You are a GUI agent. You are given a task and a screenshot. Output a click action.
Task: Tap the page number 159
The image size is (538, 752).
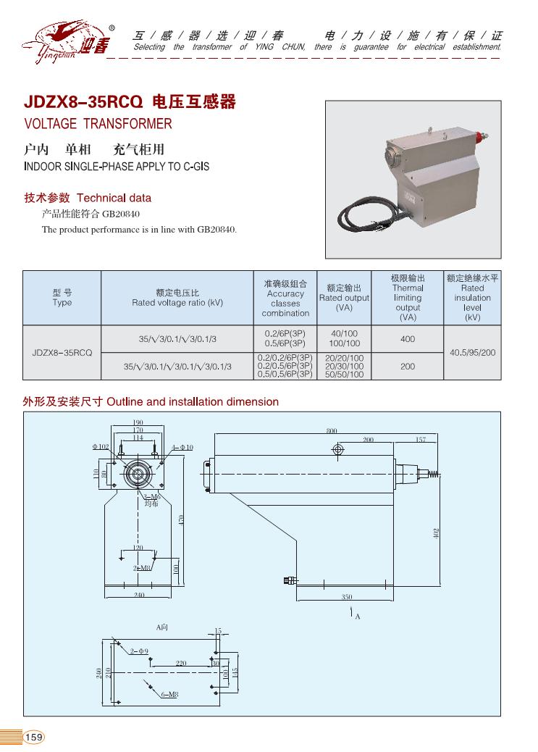(34, 737)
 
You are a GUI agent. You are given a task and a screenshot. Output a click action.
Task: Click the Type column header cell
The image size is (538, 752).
(62, 298)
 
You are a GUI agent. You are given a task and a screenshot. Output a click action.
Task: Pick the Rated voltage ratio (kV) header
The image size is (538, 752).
(177, 298)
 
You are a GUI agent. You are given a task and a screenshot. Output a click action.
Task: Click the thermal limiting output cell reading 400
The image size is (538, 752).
(408, 339)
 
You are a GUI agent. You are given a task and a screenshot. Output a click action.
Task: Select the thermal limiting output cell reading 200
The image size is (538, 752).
(408, 367)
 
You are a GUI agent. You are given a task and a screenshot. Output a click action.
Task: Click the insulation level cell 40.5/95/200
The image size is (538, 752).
(473, 353)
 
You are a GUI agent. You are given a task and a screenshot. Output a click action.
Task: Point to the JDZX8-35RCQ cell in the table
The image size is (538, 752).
(62, 353)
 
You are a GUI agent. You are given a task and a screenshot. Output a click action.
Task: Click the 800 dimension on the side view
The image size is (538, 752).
(331, 431)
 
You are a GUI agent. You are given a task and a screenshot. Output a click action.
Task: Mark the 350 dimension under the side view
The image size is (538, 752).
(347, 597)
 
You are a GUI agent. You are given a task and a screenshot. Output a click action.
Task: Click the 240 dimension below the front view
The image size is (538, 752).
(139, 595)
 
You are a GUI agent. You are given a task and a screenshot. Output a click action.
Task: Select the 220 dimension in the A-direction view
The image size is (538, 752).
(180, 663)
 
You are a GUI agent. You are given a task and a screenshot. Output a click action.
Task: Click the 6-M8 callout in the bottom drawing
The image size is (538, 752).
(169, 695)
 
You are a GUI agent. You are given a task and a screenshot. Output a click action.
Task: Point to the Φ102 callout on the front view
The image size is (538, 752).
(100, 447)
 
